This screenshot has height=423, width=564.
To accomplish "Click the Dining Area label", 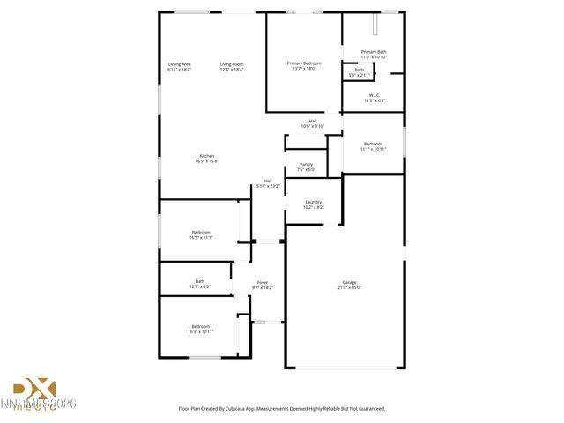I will [180, 63].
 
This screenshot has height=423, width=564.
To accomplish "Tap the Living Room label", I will [232, 63].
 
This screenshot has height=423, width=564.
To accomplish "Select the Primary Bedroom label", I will [304, 63].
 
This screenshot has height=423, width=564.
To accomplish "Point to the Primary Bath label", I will [374, 52].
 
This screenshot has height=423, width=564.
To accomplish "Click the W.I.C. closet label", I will [374, 95].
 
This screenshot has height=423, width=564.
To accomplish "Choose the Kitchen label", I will [206, 156].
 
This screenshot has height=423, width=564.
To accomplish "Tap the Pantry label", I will [306, 164].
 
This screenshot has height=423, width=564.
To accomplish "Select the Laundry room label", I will [313, 202].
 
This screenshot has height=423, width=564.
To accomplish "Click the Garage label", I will [350, 282].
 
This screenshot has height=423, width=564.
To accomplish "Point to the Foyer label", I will [263, 282].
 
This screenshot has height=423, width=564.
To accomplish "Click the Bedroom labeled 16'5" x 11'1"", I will [200, 234].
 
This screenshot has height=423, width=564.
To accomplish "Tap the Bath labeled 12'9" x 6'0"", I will [200, 284].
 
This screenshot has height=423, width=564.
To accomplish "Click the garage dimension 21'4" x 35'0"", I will [350, 287].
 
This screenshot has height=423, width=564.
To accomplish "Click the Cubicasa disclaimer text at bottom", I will [282, 408].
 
